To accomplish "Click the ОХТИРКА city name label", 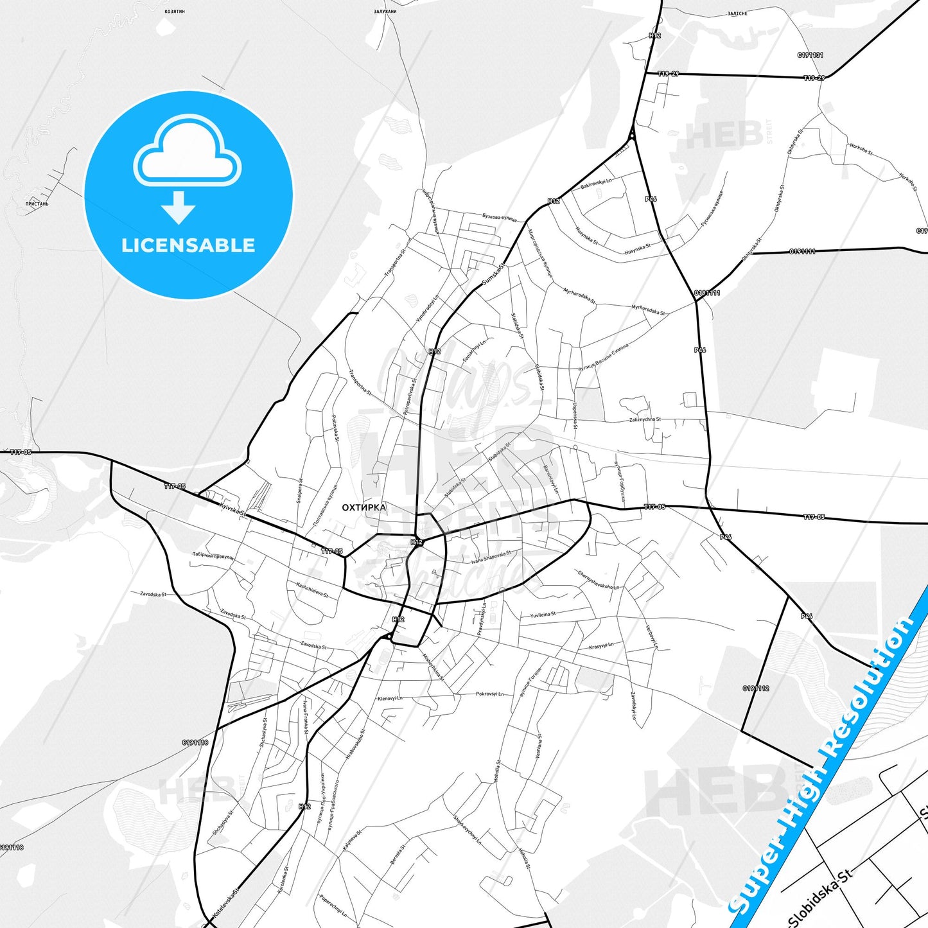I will [x=363, y=507].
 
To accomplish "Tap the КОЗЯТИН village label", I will [x=174, y=12].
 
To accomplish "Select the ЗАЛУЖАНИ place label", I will [x=385, y=12].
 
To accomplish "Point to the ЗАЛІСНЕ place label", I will [x=737, y=13].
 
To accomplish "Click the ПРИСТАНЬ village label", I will [x=37, y=204].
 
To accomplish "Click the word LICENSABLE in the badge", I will [x=188, y=245].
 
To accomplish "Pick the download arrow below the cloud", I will [x=179, y=207].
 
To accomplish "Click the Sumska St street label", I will [x=494, y=274].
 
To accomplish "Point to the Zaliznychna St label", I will [x=645, y=420].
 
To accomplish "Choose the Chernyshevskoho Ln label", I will [x=598, y=580].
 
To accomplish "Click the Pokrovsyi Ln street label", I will [x=489, y=694].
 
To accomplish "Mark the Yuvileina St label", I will [x=543, y=615].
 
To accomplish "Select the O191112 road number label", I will [x=756, y=688].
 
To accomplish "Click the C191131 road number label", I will [x=810, y=55].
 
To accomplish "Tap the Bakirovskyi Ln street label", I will [x=596, y=184].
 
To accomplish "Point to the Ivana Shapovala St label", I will [x=491, y=557].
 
